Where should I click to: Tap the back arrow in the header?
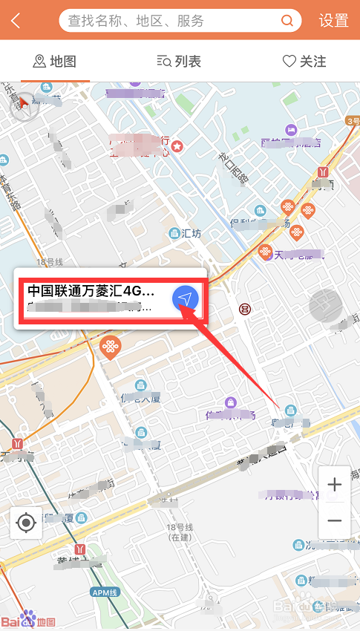[16, 21]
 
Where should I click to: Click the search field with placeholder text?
[171, 21]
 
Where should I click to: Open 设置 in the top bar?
[334, 21]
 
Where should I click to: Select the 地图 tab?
[55, 62]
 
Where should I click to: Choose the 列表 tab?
[179, 62]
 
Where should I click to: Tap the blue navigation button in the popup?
[186, 298]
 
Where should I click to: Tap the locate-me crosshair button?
[26, 523]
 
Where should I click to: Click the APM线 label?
[105, 592]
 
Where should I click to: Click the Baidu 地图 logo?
[28, 620]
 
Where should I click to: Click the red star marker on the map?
[177, 147]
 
